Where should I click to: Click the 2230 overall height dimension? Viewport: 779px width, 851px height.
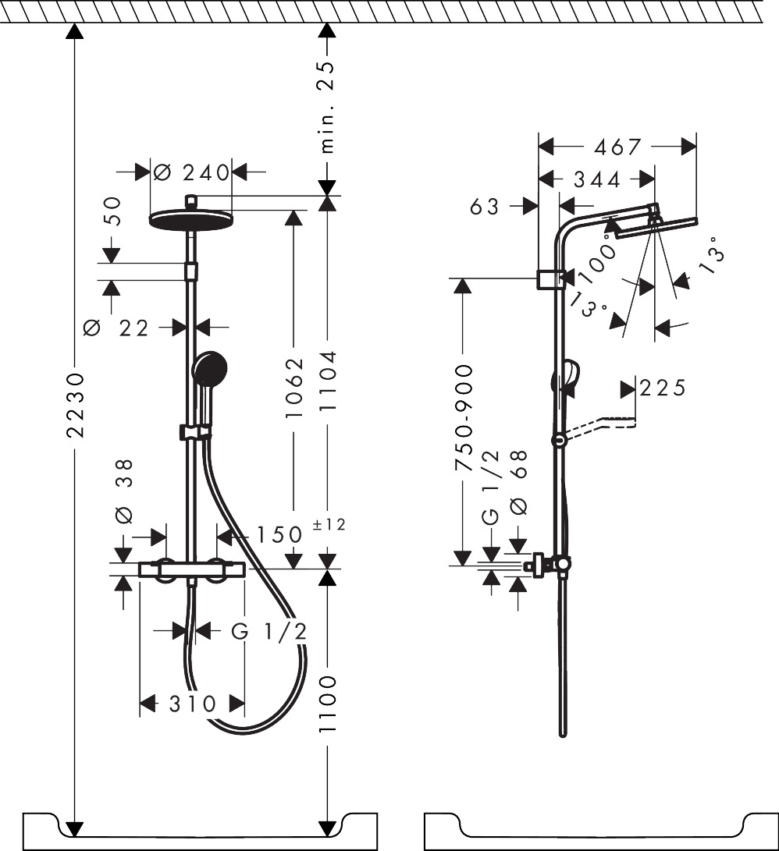click(x=76, y=405)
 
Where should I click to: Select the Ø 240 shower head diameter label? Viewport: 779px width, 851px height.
click(x=191, y=173)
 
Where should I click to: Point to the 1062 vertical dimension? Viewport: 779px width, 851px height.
click(x=294, y=388)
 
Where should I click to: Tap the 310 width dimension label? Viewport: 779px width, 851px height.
click(x=193, y=704)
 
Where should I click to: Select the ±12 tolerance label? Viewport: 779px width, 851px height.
click(x=329, y=525)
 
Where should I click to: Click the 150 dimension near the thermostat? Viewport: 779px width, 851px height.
click(x=279, y=534)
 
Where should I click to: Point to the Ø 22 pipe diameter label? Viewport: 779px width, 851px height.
click(x=116, y=328)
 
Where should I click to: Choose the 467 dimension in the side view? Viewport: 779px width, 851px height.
click(x=617, y=147)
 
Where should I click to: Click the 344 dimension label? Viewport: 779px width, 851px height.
click(x=597, y=179)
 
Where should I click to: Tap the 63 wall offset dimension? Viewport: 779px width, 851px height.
click(x=485, y=206)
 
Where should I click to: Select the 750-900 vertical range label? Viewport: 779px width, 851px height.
click(x=463, y=418)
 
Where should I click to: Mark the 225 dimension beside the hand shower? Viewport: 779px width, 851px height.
click(x=663, y=388)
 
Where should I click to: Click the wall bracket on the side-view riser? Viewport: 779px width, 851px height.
click(x=552, y=279)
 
